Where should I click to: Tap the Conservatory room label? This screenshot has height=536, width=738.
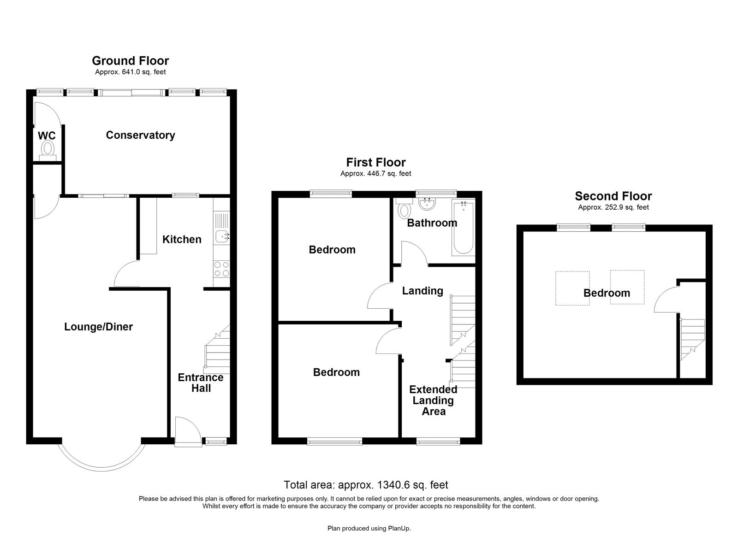(x=140, y=135)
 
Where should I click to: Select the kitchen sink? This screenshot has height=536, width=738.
(x=222, y=237)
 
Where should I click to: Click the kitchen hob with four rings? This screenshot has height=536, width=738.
(x=222, y=269)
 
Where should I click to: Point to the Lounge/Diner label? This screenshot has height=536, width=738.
(x=98, y=327)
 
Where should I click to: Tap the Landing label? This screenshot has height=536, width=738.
(x=423, y=291)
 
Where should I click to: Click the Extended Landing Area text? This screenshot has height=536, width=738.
(x=433, y=401)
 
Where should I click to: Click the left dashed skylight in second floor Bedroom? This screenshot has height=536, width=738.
(x=572, y=288)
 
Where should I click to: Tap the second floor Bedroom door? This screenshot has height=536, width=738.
(x=666, y=300)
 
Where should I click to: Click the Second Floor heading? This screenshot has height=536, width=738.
(x=613, y=196)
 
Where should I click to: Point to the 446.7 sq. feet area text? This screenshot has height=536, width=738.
(x=375, y=174)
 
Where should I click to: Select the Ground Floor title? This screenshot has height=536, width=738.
(x=130, y=60)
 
